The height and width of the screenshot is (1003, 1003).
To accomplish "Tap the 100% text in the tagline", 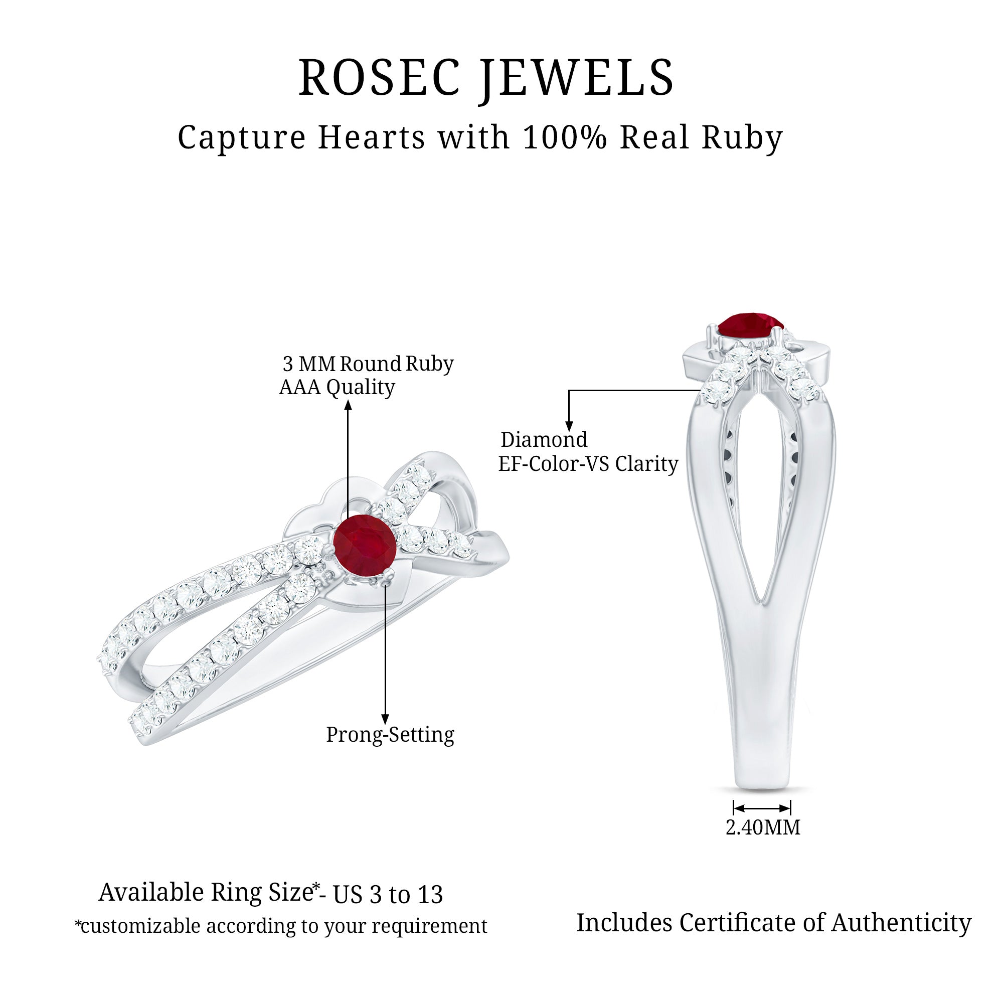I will [564, 137].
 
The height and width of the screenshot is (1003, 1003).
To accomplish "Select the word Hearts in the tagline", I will [372, 137].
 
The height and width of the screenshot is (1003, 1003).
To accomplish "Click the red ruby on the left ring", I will [365, 546].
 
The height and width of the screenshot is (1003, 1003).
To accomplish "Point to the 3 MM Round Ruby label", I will [368, 364].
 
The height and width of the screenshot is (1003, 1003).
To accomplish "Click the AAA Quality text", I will [337, 387].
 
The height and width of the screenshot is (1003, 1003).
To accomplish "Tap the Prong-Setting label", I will [390, 735].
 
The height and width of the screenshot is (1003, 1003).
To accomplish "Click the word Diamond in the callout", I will [544, 440].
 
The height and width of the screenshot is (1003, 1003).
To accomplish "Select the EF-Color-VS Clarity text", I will [588, 463].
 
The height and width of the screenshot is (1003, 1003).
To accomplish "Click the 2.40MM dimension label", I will [763, 827].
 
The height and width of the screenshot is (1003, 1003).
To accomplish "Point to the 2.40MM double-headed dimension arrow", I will [762, 808].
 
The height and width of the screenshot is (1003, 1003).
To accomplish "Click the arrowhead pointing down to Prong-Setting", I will [385, 719].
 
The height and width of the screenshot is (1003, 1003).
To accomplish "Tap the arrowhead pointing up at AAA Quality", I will [349, 404].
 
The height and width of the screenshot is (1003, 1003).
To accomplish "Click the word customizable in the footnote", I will [140, 926].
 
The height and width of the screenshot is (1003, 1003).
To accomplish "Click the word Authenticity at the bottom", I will [901, 923].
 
